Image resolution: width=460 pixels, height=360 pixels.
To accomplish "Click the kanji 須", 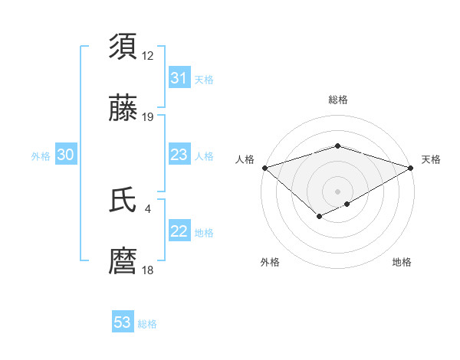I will [123, 47].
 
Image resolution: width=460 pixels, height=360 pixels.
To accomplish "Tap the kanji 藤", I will [123, 110].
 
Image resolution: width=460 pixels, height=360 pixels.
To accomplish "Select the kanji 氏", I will [123, 200].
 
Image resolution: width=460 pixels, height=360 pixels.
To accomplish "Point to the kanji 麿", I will [123, 262].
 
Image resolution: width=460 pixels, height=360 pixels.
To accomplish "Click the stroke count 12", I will [148, 56].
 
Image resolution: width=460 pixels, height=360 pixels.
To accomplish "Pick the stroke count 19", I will [148, 118].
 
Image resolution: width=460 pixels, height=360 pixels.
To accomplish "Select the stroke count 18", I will [148, 270].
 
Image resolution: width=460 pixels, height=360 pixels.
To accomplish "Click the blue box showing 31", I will [179, 78].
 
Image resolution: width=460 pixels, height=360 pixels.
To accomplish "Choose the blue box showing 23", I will [179, 155].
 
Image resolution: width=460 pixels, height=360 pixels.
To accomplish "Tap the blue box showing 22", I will [179, 231].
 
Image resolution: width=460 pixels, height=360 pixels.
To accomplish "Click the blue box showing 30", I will [66, 155].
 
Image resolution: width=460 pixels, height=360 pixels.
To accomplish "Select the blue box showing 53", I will [123, 322].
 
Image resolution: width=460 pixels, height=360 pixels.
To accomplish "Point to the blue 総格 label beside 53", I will [147, 324].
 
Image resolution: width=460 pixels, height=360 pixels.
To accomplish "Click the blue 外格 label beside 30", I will [41, 156].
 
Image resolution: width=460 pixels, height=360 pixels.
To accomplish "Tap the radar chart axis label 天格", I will [431, 159].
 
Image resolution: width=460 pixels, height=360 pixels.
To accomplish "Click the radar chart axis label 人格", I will [245, 159].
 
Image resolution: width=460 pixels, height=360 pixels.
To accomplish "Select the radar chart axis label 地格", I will [402, 262].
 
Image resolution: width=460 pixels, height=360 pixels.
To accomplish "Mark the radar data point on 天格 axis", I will [412, 167].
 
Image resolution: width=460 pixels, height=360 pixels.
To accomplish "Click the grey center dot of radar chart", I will [338, 191].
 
